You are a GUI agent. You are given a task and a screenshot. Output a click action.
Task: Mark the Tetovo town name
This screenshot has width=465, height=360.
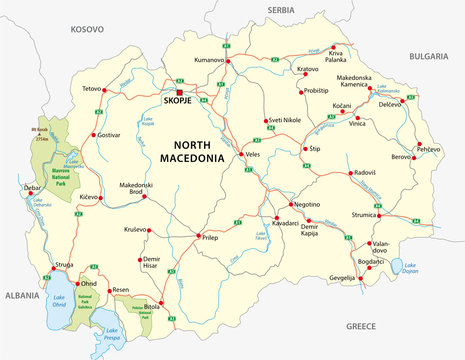pyautogui.click(x=92, y=74)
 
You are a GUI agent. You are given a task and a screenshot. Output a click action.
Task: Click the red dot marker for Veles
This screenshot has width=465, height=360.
pyautogui.click(x=239, y=156)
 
